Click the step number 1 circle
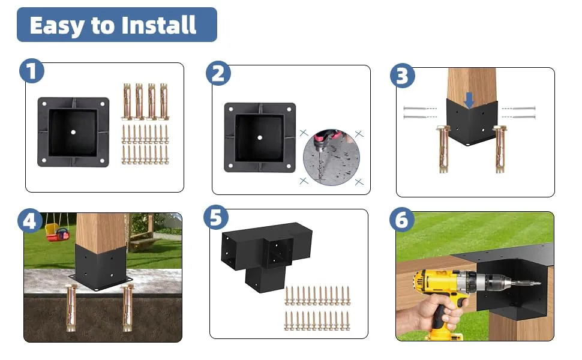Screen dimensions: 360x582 tap(32, 71)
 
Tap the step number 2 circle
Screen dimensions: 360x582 tap(218, 73)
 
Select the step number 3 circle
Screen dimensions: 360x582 tap(403, 76)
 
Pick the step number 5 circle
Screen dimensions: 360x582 tap(216, 217)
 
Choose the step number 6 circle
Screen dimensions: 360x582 tap(402, 221)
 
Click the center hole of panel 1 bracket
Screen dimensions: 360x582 tap(73, 131)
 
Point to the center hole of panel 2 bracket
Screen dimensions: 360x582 tap(259, 137)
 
